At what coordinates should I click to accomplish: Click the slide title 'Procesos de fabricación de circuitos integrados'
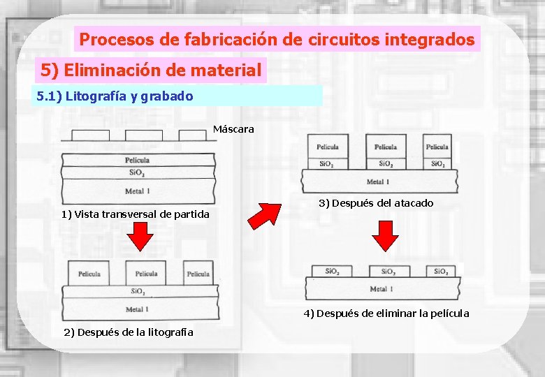coord(277,39)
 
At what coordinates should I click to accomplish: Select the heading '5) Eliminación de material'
coord(151,70)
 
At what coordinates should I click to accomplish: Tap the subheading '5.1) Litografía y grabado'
coord(115,96)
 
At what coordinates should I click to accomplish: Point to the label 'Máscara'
coord(233,129)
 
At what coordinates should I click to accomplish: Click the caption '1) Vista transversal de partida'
coord(135,214)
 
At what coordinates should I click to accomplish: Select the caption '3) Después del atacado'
coord(376,203)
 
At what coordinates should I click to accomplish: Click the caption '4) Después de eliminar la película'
coord(386,313)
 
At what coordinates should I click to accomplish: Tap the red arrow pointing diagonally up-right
coord(266,215)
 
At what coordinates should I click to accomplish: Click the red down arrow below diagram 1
coord(142,237)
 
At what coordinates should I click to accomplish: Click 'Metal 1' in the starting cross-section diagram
coord(137,191)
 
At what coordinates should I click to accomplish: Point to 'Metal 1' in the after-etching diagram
coord(378,182)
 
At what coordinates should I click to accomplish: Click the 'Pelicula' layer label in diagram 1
coord(137,160)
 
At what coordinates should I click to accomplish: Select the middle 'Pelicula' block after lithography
coord(146,274)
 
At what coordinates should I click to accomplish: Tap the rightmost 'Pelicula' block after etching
coord(437,147)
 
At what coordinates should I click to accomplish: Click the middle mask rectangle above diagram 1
coord(143,135)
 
